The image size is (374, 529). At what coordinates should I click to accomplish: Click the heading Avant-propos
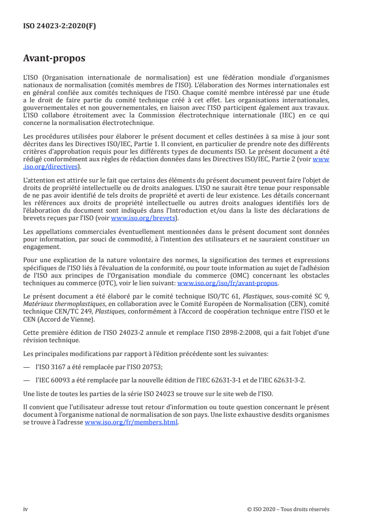pos(54,59)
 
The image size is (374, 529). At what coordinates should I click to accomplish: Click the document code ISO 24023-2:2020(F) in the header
pos(59,26)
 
